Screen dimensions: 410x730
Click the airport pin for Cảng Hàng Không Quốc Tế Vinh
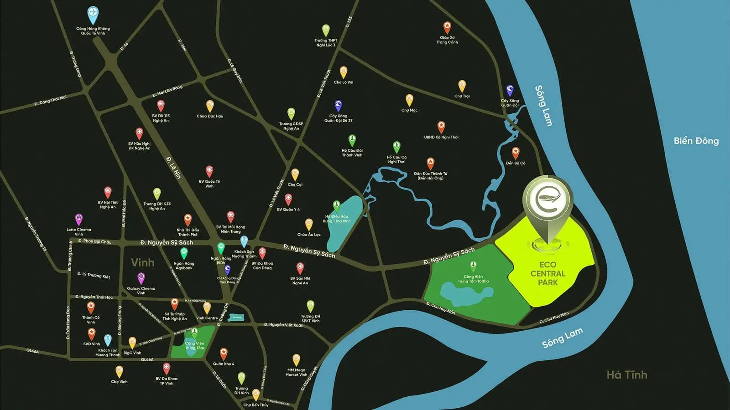pyautogui.click(x=93, y=14)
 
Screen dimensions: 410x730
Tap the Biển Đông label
pyautogui.click(x=696, y=141)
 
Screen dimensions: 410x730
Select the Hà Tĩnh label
pyautogui.click(x=626, y=374)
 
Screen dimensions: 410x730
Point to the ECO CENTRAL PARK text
pyautogui.click(x=547, y=273)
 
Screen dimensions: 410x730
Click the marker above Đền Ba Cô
pyautogui.click(x=516, y=153)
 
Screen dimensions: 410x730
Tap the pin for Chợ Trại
pyautogui.click(x=462, y=86)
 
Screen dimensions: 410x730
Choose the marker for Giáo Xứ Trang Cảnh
pyautogui.click(x=447, y=27)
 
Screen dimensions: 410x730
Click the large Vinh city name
pyautogui.click(x=142, y=262)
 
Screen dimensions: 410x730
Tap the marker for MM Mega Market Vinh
pyautogui.click(x=296, y=360)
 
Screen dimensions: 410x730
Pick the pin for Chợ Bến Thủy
pyautogui.click(x=255, y=394)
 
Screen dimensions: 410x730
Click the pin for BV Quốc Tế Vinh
pyautogui.click(x=209, y=171)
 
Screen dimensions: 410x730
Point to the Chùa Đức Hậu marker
pyautogui.click(x=210, y=106)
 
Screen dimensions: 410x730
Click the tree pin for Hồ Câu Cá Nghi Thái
pyautogui.click(x=396, y=147)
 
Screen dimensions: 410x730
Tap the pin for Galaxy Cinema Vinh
pyautogui.click(x=141, y=278)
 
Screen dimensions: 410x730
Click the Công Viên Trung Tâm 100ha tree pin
pyautogui.click(x=473, y=266)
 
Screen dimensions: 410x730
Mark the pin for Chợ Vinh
pyautogui.click(x=119, y=371)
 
